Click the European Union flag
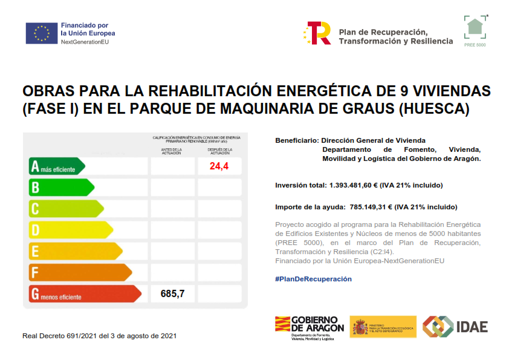pyautogui.click(x=41, y=33)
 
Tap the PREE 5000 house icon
pyautogui.click(x=475, y=27)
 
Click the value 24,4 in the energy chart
pyautogui.click(x=219, y=166)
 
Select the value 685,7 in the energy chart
pyautogui.click(x=172, y=294)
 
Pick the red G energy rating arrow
pyautogui.click(x=85, y=294)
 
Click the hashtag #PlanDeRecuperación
pyautogui.click(x=313, y=279)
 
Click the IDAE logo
pyautogui.click(x=455, y=327)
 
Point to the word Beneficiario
pyautogui.click(x=296, y=140)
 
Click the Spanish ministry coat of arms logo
pyautogui.click(x=361, y=327)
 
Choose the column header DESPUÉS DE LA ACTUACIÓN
pyautogui.click(x=219, y=151)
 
